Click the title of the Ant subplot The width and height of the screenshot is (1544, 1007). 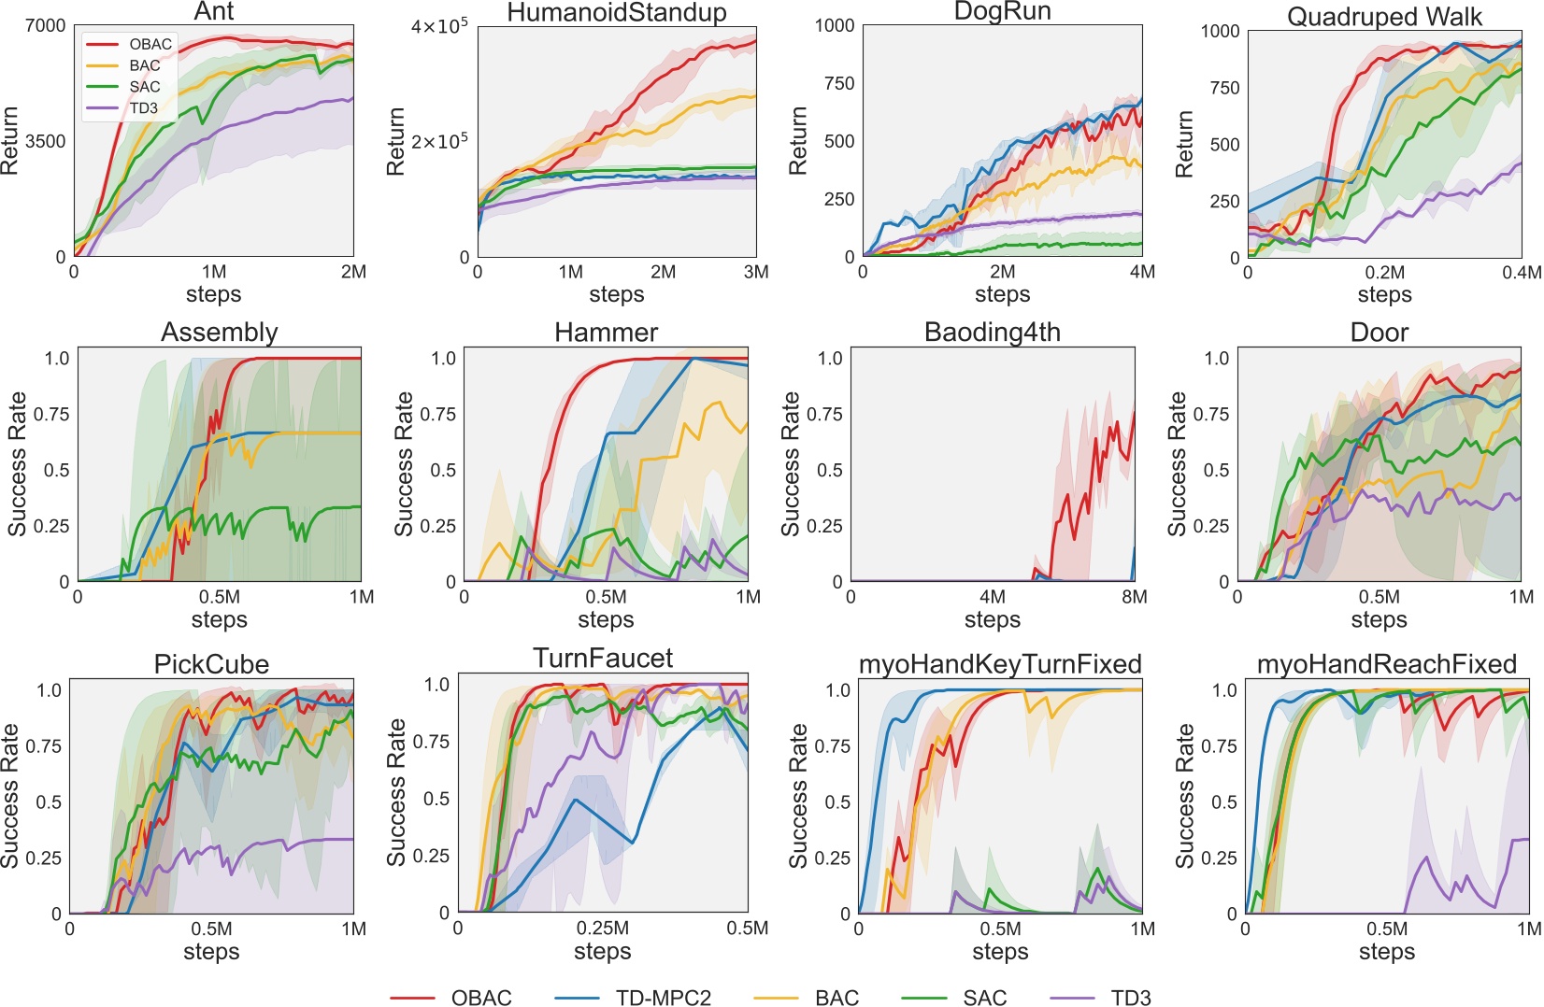pyautogui.click(x=214, y=11)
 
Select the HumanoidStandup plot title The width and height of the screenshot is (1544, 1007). pyautogui.click(x=617, y=12)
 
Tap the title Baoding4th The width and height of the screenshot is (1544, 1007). pyautogui.click(x=992, y=333)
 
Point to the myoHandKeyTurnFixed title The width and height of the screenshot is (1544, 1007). pyautogui.click(x=1000, y=664)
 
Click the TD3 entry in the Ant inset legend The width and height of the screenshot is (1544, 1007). pyautogui.click(x=144, y=108)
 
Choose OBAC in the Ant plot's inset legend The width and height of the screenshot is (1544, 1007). pyautogui.click(x=150, y=44)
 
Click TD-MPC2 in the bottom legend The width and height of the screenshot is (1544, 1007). pyautogui.click(x=663, y=998)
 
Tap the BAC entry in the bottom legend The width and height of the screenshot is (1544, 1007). pyautogui.click(x=836, y=998)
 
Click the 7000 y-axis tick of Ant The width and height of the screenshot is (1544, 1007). pyautogui.click(x=46, y=25)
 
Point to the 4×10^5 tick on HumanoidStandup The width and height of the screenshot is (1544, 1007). pyautogui.click(x=439, y=26)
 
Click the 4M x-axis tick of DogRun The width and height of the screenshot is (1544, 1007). pyautogui.click(x=1142, y=272)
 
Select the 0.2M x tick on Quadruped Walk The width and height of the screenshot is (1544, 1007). pyautogui.click(x=1384, y=273)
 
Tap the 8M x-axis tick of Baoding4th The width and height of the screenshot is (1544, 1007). pyautogui.click(x=1134, y=597)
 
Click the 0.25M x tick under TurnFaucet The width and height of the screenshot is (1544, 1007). pyautogui.click(x=603, y=929)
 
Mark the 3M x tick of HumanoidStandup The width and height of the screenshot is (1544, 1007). pyautogui.click(x=756, y=272)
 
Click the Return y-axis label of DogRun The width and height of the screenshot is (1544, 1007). pyautogui.click(x=797, y=140)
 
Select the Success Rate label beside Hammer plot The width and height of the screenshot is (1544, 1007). pyautogui.click(x=403, y=464)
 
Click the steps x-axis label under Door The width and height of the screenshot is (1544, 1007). pyautogui.click(x=1379, y=619)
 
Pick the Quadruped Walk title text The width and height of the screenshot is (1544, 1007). pyautogui.click(x=1384, y=17)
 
